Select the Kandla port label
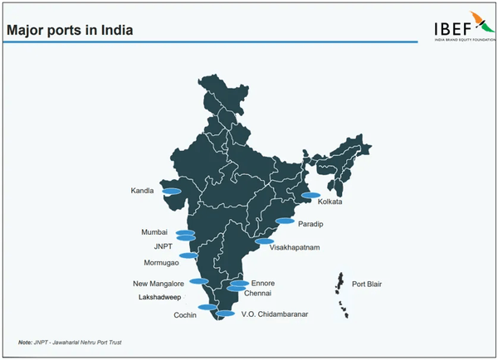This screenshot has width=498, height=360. [143, 191]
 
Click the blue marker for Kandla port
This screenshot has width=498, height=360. [172, 191]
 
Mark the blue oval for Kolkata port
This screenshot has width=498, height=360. [311, 196]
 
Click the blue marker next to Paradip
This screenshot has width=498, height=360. [285, 221]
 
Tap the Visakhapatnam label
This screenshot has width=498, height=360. [295, 247]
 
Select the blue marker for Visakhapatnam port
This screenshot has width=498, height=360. [265, 241]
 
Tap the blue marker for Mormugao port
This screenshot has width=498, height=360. [189, 255]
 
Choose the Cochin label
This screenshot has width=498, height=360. [184, 315]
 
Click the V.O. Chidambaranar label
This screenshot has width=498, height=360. [276, 314]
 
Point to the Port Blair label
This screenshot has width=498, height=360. [369, 284]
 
